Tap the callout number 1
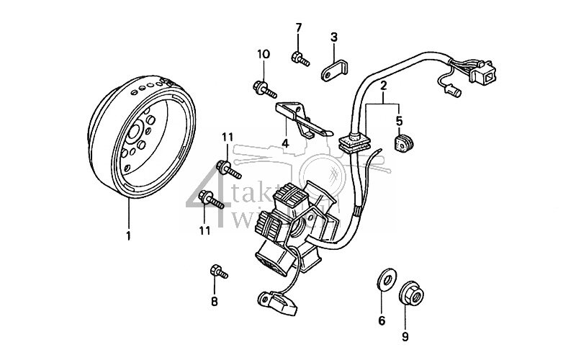[129, 236]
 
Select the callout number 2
[384, 86]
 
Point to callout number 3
[334, 37]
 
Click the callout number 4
[285, 143]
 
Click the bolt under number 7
[300, 59]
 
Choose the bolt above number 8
[217, 272]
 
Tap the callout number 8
[214, 302]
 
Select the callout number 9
[405, 336]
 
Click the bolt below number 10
[264, 89]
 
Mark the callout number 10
[263, 54]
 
